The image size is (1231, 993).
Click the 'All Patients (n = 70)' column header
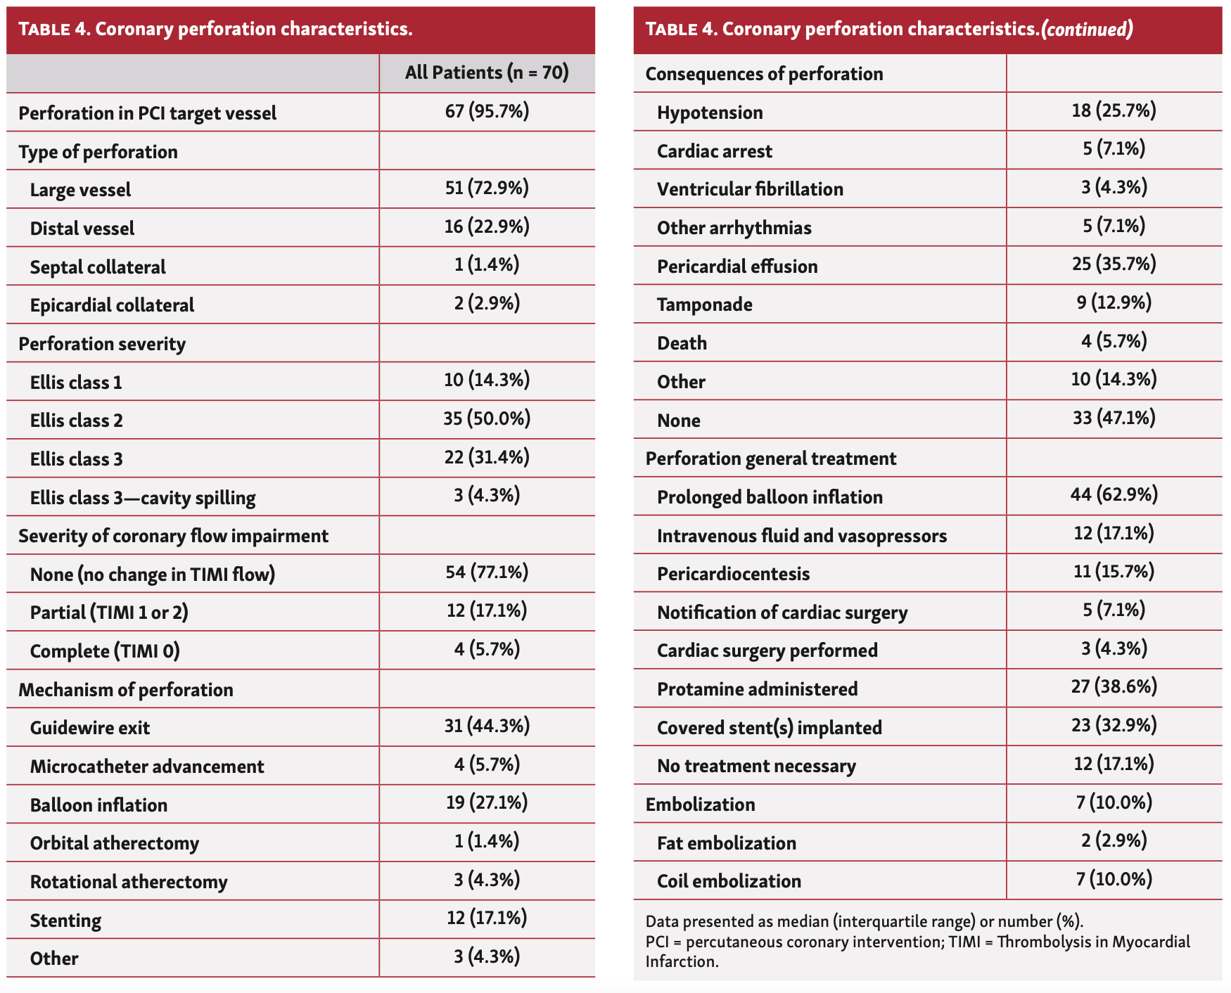point(487,73)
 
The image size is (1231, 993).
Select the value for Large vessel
point(487,188)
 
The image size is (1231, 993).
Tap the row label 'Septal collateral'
point(98,267)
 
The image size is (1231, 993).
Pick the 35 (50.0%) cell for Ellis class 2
point(487,419)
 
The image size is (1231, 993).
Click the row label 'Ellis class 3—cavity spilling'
point(143,498)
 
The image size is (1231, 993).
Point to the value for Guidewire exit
point(487,726)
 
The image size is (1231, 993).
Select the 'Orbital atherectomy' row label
point(115,843)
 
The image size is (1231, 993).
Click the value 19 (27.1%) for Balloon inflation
point(487,803)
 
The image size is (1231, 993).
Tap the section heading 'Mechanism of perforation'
point(126,690)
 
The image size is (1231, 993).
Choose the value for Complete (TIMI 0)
point(487,649)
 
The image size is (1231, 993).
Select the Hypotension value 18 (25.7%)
point(1114,110)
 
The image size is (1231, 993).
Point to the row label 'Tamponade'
point(704,305)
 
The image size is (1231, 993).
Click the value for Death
point(1114,342)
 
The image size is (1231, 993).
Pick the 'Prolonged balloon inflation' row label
point(770,497)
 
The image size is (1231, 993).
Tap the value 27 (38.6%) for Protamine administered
point(1114,687)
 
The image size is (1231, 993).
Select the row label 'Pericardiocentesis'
point(733,574)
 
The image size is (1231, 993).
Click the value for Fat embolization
point(1114,841)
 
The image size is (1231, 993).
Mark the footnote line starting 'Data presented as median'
point(865,921)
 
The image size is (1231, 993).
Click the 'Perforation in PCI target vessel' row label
point(148,113)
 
